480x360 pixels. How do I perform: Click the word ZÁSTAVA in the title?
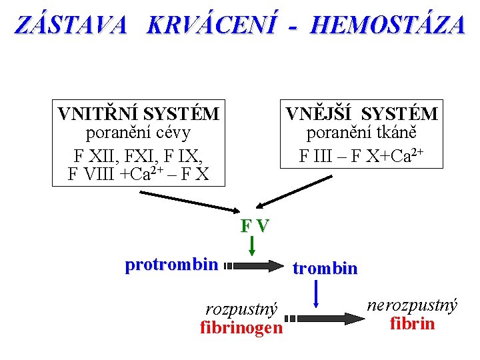tap(70, 25)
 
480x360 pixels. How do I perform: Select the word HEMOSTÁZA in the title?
tap(387, 25)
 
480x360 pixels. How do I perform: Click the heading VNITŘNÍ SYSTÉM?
tap(139, 114)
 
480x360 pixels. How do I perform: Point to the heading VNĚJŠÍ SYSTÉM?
tap(362, 114)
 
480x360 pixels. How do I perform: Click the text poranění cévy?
tap(139, 132)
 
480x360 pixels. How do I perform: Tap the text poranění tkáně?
tap(362, 133)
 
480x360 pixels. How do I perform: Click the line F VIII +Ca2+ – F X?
tap(139, 174)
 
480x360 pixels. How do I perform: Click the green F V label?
tap(255, 225)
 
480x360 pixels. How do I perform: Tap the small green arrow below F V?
tap(252, 245)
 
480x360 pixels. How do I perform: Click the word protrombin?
tap(171, 265)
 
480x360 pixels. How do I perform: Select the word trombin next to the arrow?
tap(325, 268)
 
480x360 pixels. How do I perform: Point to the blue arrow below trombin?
tap(316, 293)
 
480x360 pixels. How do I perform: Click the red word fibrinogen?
tap(241, 327)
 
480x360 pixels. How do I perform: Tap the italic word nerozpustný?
tap(412, 305)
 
